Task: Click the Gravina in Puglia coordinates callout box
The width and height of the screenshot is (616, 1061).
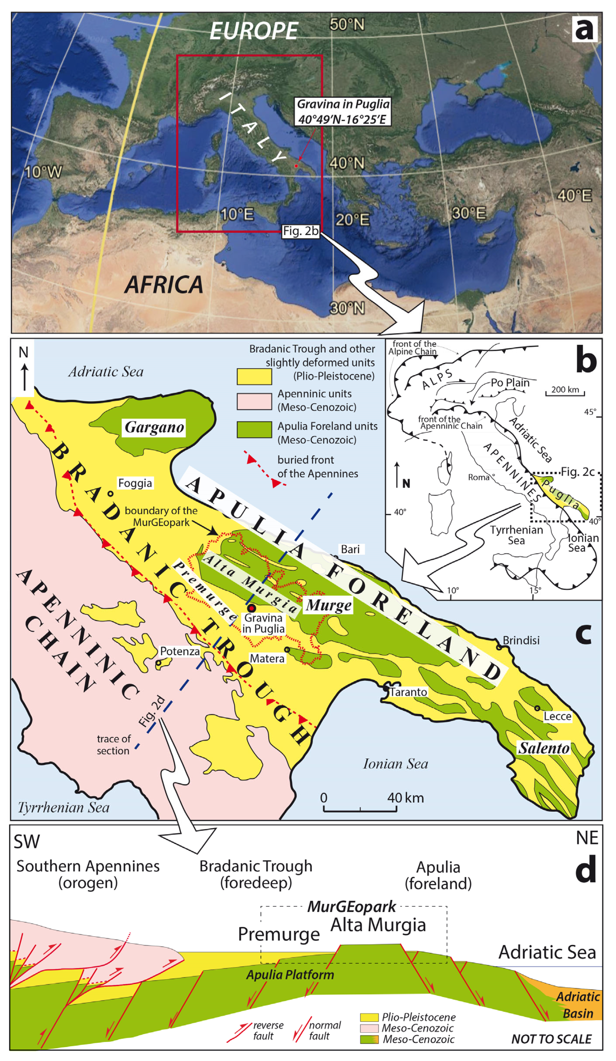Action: (x=342, y=112)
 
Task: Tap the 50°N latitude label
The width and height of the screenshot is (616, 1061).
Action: (x=347, y=24)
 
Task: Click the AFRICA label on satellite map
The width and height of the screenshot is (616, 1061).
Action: (x=164, y=285)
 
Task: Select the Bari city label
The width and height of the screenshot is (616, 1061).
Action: (x=350, y=549)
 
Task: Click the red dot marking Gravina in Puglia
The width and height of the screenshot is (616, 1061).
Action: (x=251, y=608)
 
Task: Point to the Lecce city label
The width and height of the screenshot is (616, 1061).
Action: (x=557, y=716)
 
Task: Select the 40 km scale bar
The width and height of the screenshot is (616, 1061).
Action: (x=360, y=809)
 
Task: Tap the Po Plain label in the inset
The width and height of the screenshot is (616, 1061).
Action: (x=510, y=383)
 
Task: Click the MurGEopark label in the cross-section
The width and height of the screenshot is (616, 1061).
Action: (x=351, y=906)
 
